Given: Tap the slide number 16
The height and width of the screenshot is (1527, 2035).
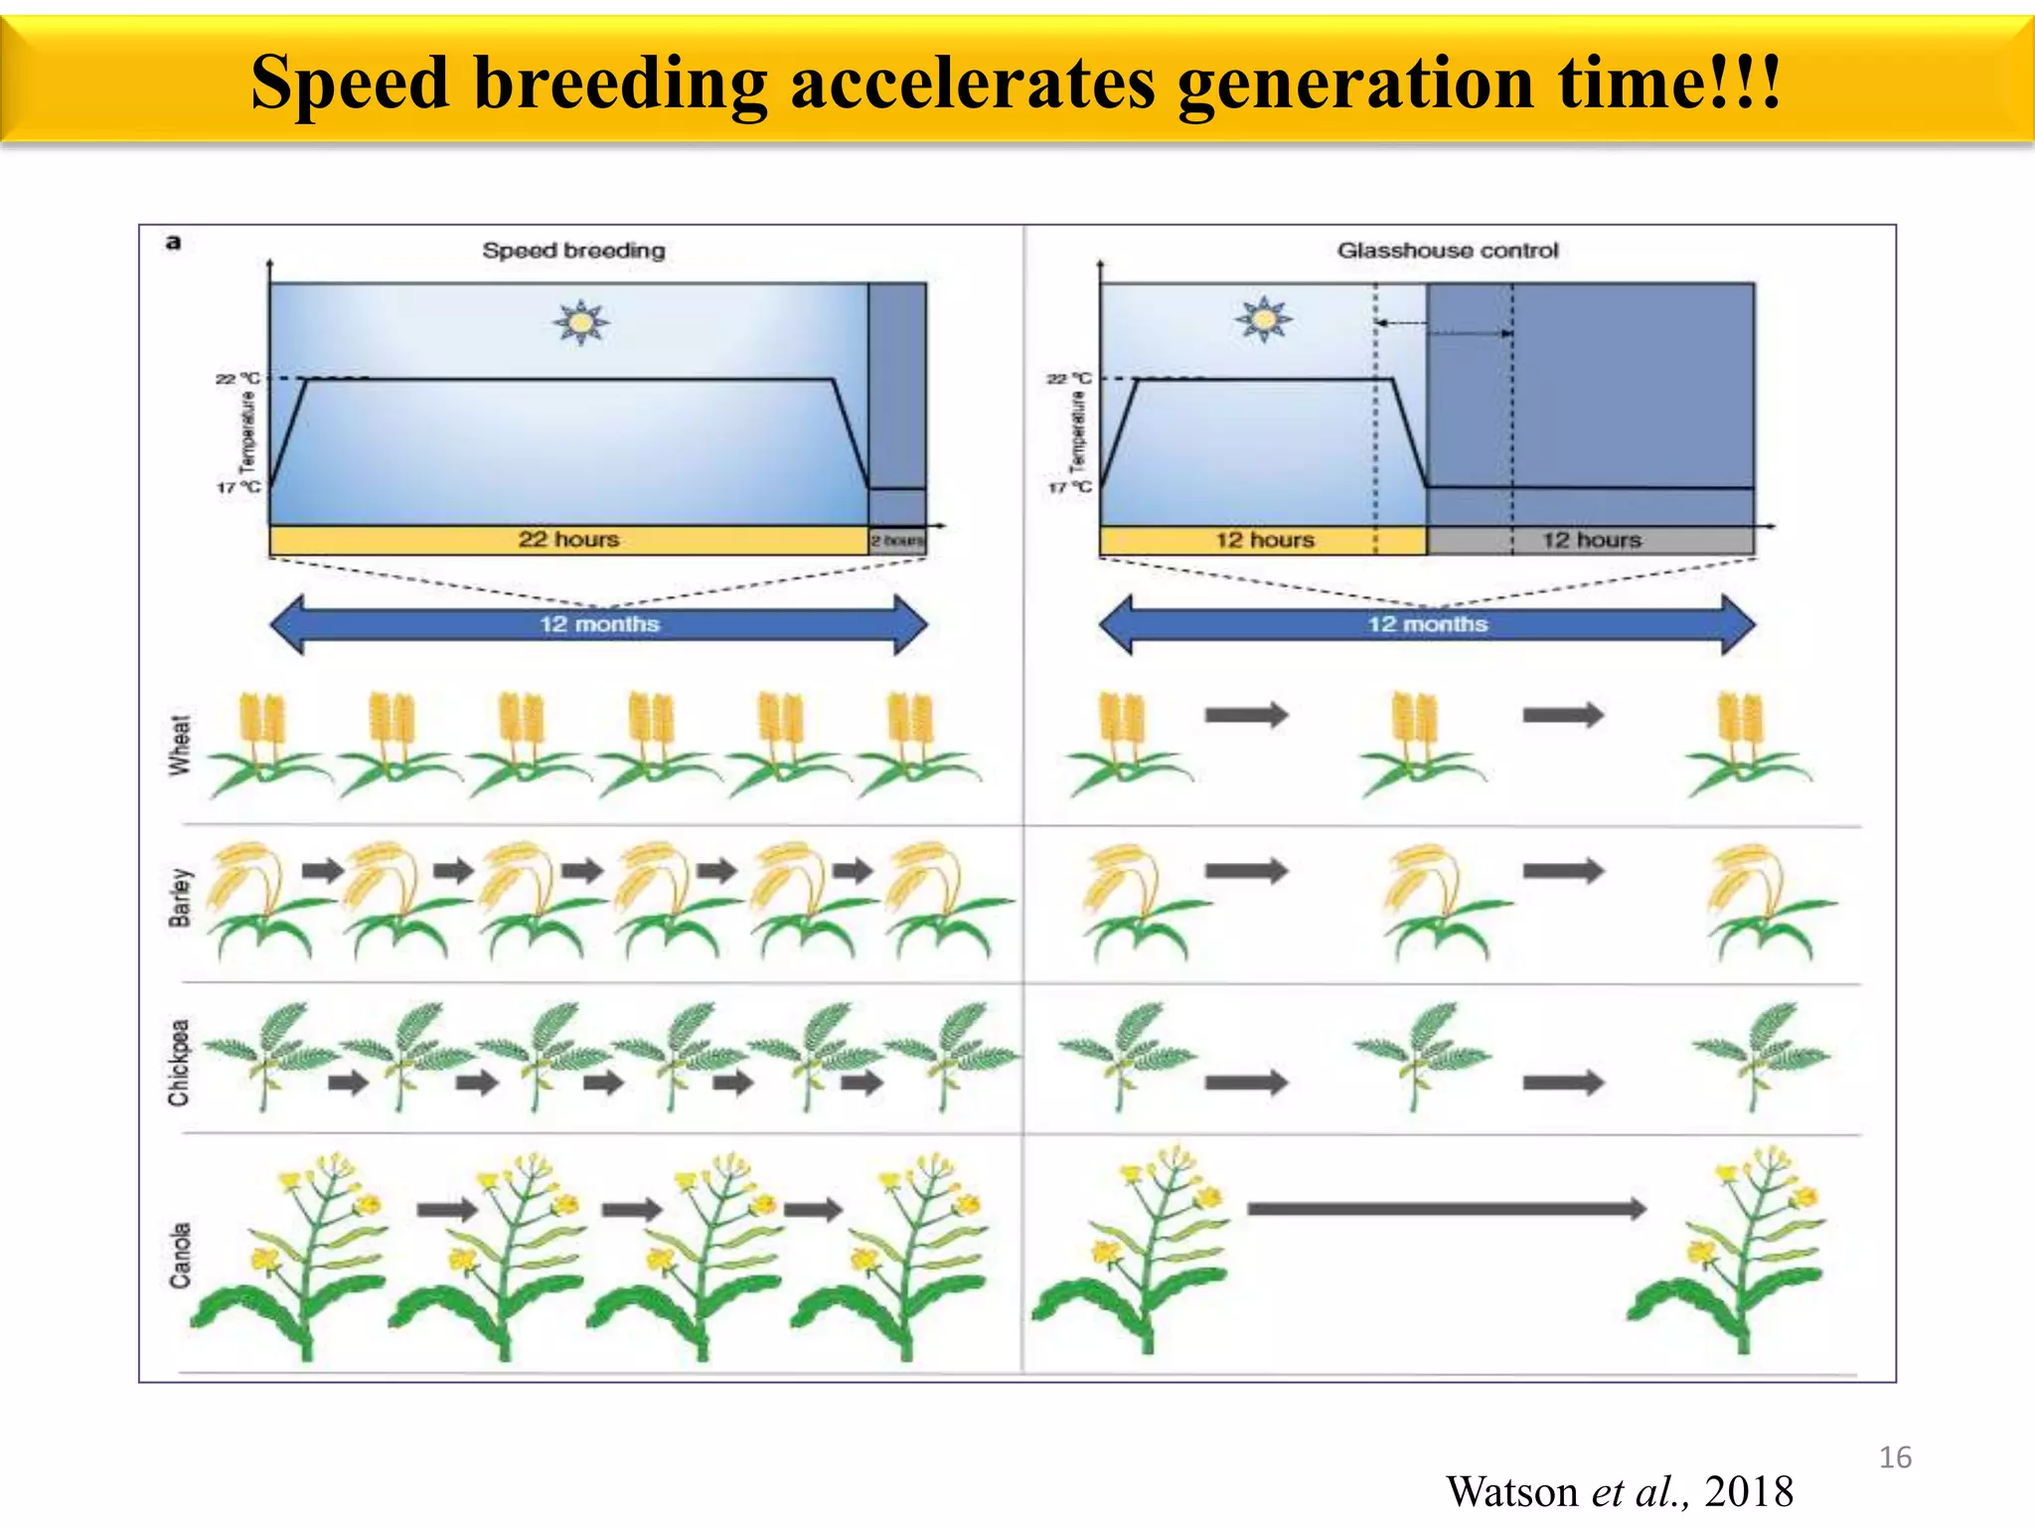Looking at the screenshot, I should click(x=1895, y=1457).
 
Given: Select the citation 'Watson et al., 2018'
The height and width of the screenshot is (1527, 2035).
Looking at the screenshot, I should click(x=1620, y=1492).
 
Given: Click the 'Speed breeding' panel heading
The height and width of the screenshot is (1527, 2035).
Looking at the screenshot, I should click(x=573, y=251).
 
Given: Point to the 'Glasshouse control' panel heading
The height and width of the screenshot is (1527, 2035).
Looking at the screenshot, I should click(x=1448, y=251).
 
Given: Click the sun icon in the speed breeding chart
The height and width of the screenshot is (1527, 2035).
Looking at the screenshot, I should click(x=581, y=322).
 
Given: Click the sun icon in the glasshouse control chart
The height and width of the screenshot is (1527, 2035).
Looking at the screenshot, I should click(x=1263, y=319).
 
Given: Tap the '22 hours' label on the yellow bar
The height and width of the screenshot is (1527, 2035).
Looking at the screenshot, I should click(x=568, y=540).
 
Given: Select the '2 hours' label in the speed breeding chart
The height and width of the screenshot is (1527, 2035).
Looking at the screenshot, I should click(x=897, y=541).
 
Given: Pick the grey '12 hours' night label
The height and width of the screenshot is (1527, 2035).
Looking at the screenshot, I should click(x=1591, y=541).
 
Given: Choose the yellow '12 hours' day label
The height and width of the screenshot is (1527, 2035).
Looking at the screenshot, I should click(x=1264, y=541).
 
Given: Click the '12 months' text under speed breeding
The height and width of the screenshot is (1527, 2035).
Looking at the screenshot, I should click(x=599, y=624).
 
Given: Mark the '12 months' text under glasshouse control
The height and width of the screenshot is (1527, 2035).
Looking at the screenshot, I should click(x=1427, y=624).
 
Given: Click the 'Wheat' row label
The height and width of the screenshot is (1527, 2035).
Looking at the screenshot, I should click(x=179, y=745).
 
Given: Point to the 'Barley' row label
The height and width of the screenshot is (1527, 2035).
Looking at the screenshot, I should click(x=180, y=898).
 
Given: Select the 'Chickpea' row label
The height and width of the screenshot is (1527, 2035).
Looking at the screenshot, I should click(x=179, y=1063).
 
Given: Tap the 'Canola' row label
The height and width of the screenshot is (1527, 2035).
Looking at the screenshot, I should click(x=180, y=1256).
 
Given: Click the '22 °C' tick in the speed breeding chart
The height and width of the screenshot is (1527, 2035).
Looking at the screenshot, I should click(x=237, y=379).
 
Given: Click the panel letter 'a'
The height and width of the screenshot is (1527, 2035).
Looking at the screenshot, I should click(x=174, y=243).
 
